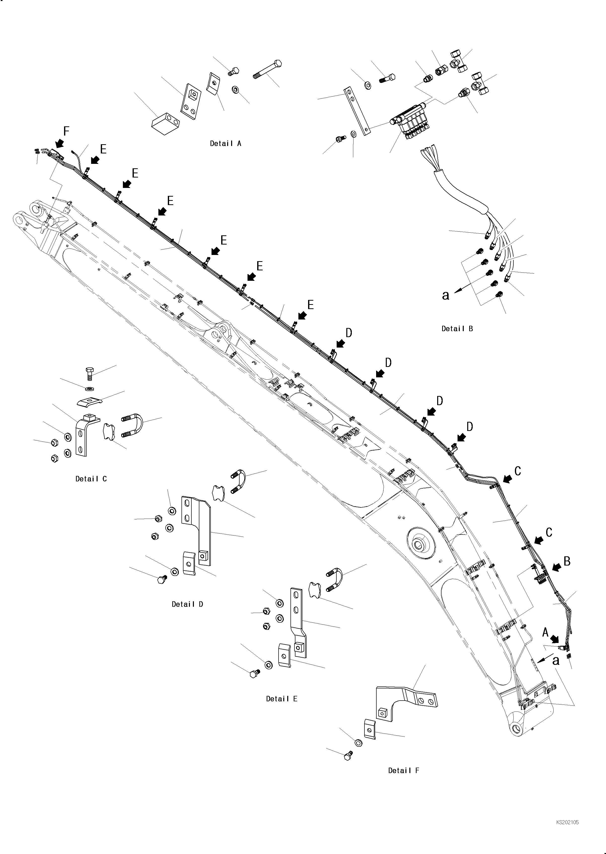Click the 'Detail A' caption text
pyautogui.click(x=225, y=143)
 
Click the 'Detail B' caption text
pyautogui.click(x=457, y=329)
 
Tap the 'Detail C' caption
pyautogui.click(x=91, y=479)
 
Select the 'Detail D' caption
pyautogui.click(x=187, y=604)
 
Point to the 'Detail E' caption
pyautogui.click(x=282, y=699)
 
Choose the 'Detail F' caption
pyautogui.click(x=404, y=770)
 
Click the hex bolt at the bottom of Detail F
pyautogui.click(x=348, y=755)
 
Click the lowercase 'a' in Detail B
pyautogui.click(x=446, y=295)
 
